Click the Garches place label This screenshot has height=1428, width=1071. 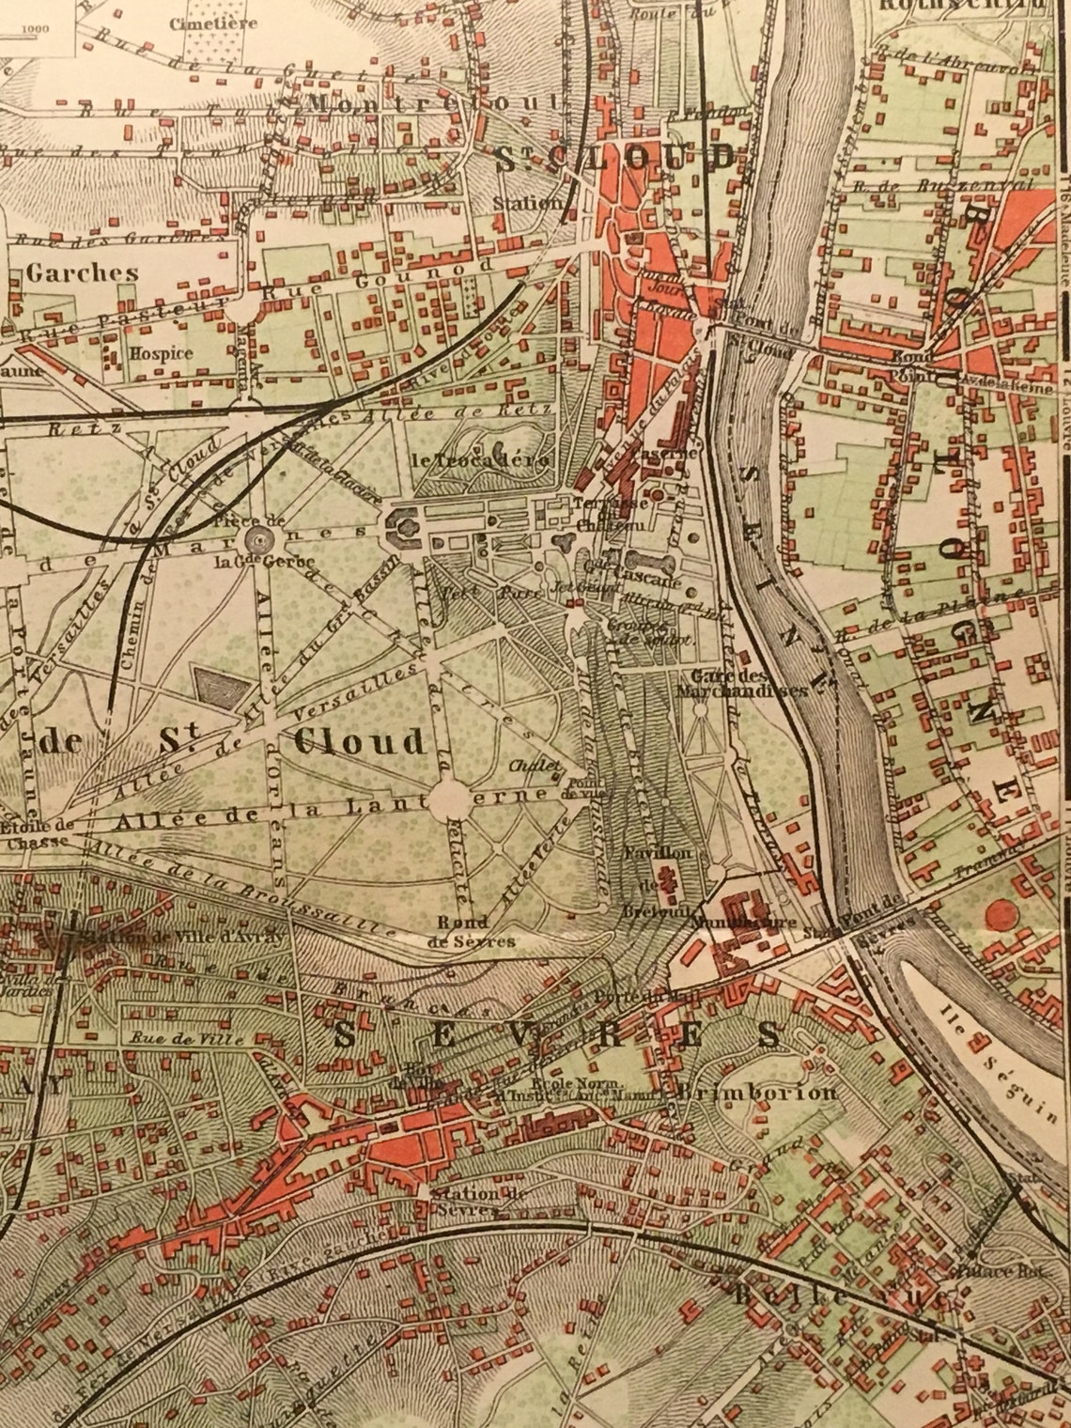click(83, 273)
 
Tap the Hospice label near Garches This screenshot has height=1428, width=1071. click(162, 354)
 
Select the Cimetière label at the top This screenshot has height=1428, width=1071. click(201, 23)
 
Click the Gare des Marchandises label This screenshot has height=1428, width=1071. click(749, 683)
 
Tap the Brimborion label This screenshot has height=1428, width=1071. click(756, 1093)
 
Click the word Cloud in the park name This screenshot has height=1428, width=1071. click(359, 742)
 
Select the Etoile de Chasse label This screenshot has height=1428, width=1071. click(38, 834)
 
